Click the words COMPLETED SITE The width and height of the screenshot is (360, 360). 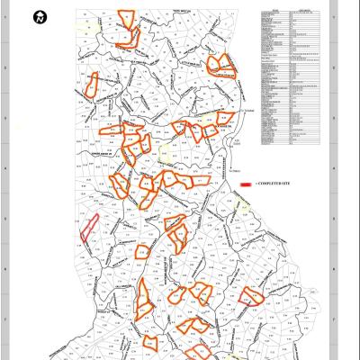coord(274,184)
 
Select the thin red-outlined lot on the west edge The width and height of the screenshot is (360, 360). coord(88,229)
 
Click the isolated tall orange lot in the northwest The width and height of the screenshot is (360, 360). coord(91,84)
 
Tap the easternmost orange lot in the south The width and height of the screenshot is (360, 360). coord(249,296)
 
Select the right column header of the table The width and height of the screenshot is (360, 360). coord(303,12)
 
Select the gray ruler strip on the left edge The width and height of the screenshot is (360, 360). coord(4,180)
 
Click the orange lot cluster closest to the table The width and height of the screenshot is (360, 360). coord(219,65)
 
